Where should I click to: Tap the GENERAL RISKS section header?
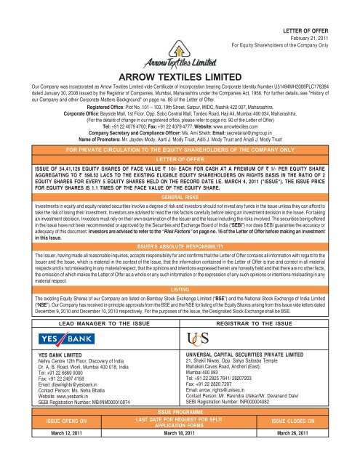[x=180, y=177]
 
